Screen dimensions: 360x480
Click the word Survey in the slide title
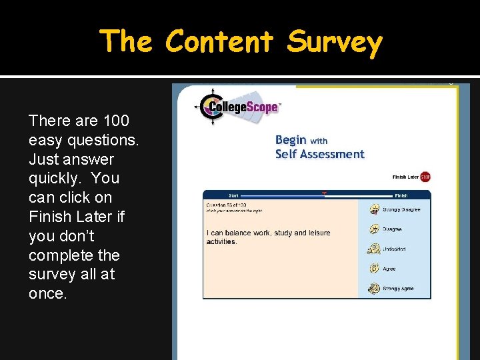[335, 42]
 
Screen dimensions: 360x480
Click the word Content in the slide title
[219, 41]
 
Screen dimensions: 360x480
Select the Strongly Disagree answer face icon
[374, 209]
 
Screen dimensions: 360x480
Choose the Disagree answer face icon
[374, 229]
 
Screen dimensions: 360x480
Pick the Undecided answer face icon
[374, 249]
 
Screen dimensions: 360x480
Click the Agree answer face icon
[374, 269]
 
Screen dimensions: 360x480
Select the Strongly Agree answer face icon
[374, 289]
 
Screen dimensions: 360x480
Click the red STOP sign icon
[425, 177]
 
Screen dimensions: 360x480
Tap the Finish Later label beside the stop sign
[405, 177]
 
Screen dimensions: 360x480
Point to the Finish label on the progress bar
[401, 196]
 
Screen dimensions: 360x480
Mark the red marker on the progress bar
[324, 194]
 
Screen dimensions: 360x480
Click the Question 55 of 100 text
[226, 205]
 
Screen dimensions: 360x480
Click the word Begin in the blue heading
[291, 140]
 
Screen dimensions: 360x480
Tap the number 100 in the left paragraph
[116, 121]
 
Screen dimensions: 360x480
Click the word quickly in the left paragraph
[55, 178]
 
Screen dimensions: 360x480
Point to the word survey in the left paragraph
[50, 274]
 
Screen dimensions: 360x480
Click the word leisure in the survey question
[319, 233]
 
